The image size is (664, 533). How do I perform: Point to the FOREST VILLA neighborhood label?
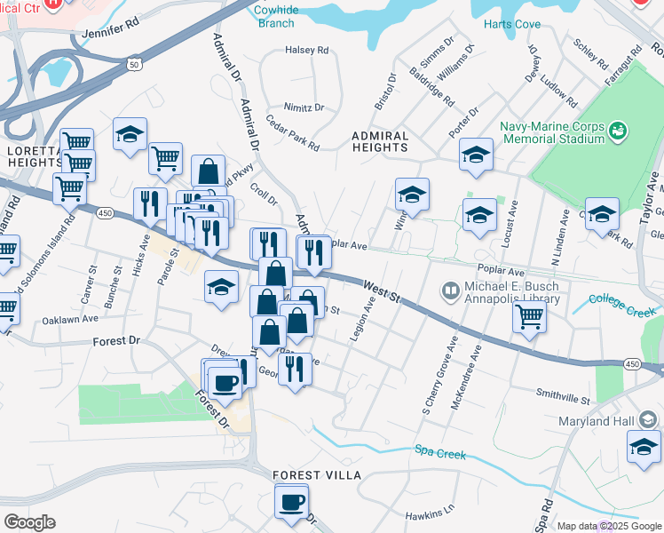(x=317, y=475)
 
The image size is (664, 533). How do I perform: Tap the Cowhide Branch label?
(x=276, y=16)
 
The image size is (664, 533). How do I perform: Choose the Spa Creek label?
(x=440, y=454)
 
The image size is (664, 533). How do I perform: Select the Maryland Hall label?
(x=601, y=420)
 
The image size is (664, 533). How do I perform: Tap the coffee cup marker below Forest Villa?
(x=291, y=503)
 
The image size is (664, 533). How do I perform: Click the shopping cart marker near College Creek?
(x=529, y=318)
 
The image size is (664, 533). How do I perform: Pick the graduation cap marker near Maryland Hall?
(x=644, y=447)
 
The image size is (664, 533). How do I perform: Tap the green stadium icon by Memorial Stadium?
(x=619, y=131)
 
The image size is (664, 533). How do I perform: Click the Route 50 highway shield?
(x=134, y=65)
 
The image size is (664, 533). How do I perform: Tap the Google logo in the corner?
(x=29, y=522)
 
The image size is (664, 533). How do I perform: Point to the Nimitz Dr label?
(x=304, y=107)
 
